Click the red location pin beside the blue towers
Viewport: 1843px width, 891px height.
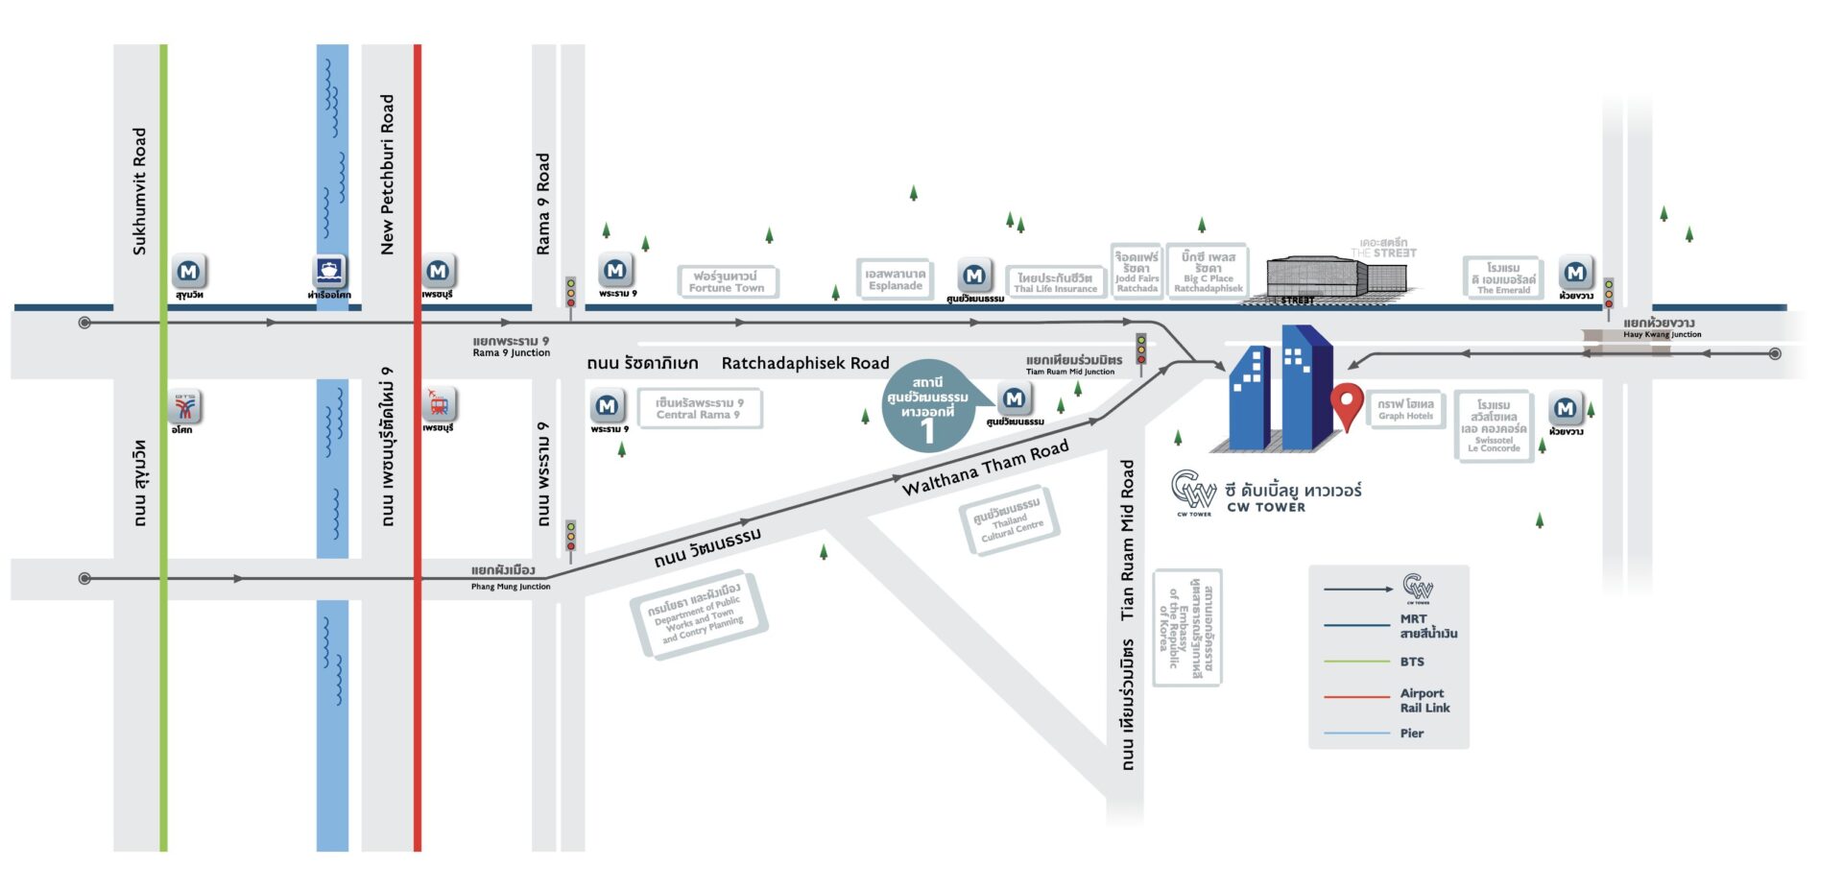1347,404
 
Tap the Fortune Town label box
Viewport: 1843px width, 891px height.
727,281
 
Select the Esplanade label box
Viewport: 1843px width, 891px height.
895,279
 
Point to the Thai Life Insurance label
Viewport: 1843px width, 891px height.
1055,282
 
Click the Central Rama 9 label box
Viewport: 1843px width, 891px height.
699,408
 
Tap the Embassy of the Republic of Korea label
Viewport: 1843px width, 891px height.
1188,627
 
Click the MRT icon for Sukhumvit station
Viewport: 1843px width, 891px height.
189,272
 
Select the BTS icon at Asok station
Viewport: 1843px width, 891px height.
184,407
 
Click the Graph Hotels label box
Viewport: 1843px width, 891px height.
1406,409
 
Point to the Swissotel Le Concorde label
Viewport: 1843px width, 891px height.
1494,425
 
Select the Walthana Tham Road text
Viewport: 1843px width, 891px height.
985,468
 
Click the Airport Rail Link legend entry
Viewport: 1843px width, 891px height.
1424,700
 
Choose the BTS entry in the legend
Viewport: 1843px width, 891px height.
1411,662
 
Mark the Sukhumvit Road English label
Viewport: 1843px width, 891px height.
140,191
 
